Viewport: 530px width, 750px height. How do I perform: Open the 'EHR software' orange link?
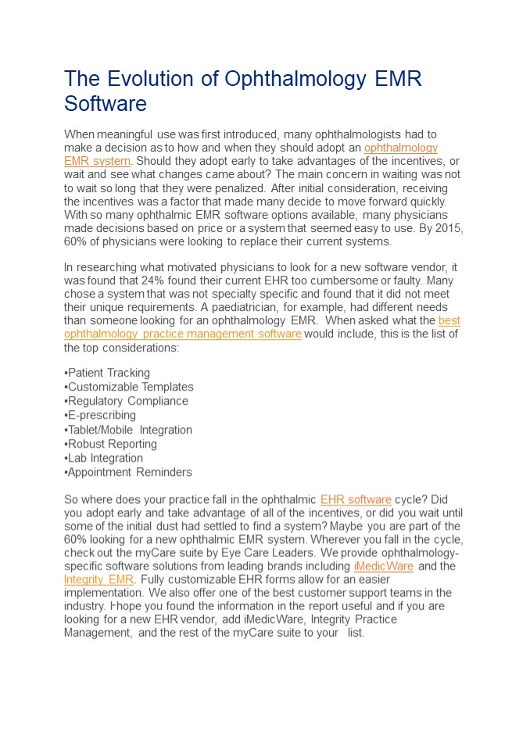pyautogui.click(x=356, y=499)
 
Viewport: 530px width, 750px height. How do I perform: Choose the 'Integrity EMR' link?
pyautogui.click(x=98, y=580)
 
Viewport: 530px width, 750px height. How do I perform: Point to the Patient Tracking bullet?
pyautogui.click(x=108, y=373)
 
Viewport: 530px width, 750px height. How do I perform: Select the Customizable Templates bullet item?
pyautogui.click(x=130, y=387)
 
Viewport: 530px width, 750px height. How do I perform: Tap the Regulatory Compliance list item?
pyautogui.click(x=127, y=401)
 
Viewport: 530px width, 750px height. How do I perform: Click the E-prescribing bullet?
pyautogui.click(x=101, y=415)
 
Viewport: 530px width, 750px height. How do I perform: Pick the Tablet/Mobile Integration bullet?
pyautogui.click(x=129, y=430)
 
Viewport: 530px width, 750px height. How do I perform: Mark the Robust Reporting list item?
pyautogui.click(x=112, y=444)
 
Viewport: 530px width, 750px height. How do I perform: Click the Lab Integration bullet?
pyautogui.click(x=105, y=458)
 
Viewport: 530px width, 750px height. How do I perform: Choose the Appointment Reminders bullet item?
pyautogui.click(x=129, y=472)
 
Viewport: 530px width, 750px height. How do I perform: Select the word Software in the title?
pyautogui.click(x=106, y=104)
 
